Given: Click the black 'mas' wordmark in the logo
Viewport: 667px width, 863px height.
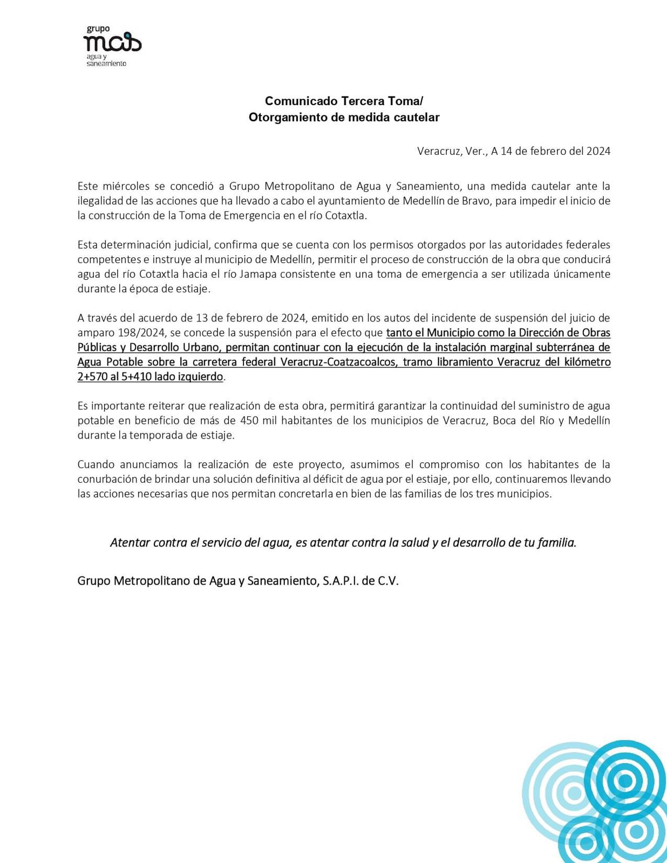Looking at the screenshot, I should click(x=112, y=43).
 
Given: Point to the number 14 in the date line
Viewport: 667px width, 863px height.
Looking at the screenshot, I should click(x=506, y=151).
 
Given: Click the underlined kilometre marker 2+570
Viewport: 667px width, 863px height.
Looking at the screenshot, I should click(x=92, y=376).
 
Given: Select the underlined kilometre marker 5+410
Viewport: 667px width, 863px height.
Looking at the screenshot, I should click(x=137, y=376).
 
